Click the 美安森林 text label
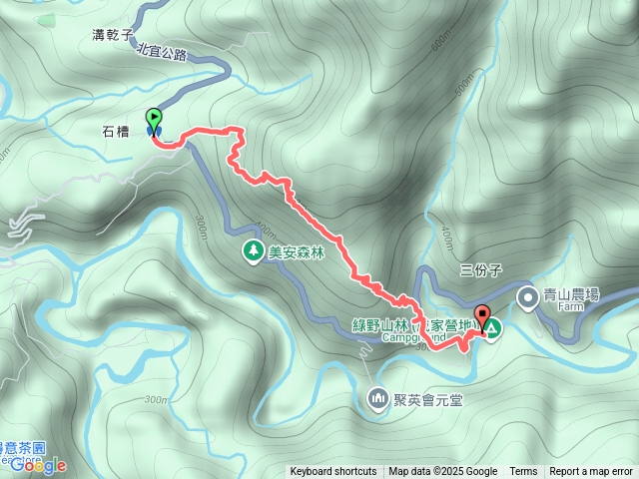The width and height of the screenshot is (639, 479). click(298, 252)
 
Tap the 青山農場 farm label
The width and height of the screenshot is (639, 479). click(570, 295)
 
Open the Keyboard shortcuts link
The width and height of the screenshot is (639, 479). click(333, 472)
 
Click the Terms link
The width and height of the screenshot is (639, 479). click(523, 472)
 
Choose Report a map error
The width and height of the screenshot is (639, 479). click(591, 472)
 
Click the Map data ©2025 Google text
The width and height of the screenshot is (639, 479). click(442, 472)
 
